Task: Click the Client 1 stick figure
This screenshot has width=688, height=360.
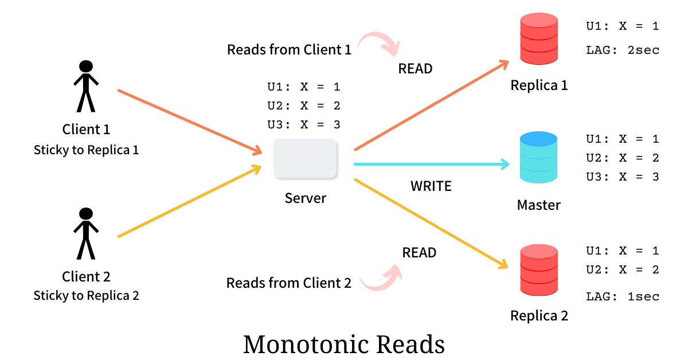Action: pos(86,86)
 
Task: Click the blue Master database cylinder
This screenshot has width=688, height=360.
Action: pos(538,158)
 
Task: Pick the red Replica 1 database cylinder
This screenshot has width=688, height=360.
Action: pos(538,38)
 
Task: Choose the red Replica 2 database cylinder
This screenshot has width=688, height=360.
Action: pos(538,269)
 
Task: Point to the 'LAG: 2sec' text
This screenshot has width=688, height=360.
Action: pos(622,50)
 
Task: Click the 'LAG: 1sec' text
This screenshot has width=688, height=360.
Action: pos(622,296)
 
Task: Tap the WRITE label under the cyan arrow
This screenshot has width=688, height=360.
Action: pos(431,186)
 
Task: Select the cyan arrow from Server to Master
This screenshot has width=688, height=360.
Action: pos(430,165)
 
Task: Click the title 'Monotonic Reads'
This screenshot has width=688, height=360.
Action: pos(344,345)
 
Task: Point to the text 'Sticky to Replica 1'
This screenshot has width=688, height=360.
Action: pos(86,150)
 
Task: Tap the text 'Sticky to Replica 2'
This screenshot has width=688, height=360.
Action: pos(86,296)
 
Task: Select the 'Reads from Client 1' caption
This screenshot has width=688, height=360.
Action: pos(289,50)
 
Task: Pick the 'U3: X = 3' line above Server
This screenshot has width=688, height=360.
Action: pos(304,124)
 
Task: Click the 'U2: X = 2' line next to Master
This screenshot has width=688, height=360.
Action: pos(622,158)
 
